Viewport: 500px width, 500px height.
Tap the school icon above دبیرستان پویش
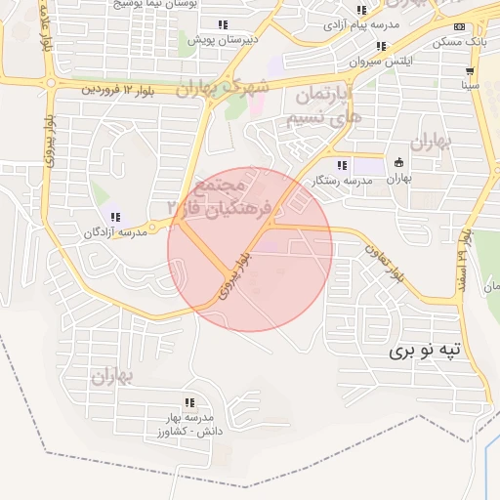223,24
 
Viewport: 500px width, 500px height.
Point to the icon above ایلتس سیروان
381,46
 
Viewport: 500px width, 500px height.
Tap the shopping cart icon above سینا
470,71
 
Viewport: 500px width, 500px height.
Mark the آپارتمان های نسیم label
328,106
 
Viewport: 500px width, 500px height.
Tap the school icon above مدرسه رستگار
342,165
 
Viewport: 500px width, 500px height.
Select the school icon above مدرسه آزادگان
115,217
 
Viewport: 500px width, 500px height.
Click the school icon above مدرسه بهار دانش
189,402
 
